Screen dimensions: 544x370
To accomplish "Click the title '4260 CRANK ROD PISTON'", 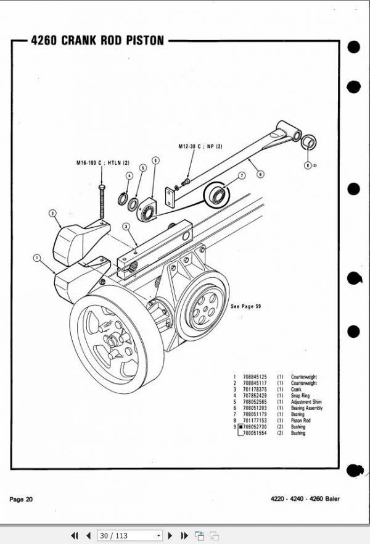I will click(x=97, y=41).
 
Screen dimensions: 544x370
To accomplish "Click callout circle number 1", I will click(x=38, y=256).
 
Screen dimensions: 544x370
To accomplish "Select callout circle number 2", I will click(x=54, y=214).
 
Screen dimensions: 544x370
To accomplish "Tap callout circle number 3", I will click(x=126, y=227).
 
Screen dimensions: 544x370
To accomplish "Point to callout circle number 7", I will click(x=242, y=175).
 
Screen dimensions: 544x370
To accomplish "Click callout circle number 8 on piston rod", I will click(x=260, y=175).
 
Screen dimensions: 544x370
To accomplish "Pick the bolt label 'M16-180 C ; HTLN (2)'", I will click(x=99, y=162).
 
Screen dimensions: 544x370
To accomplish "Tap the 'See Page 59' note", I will click(x=245, y=306).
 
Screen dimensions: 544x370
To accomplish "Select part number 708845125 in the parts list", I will click(x=255, y=377).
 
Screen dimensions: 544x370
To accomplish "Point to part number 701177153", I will click(x=255, y=421).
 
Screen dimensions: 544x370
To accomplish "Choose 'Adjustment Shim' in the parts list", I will click(x=307, y=402).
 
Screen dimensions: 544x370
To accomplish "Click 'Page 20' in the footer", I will click(x=21, y=499).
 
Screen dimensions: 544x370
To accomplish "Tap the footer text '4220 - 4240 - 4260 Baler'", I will click(x=305, y=499).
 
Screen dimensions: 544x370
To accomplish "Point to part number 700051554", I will click(x=255, y=433).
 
